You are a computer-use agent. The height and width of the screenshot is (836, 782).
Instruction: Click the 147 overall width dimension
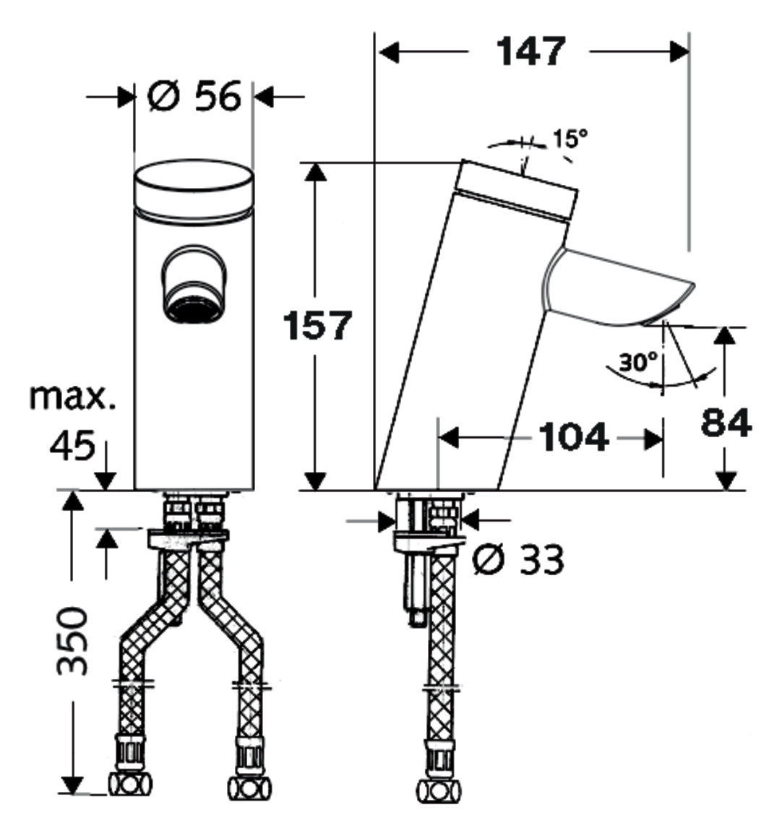point(530,52)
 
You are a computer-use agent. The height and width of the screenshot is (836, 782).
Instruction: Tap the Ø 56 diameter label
point(194,97)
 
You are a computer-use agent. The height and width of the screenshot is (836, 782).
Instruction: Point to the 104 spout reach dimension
point(574,436)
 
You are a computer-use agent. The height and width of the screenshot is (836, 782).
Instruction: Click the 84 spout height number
point(726,423)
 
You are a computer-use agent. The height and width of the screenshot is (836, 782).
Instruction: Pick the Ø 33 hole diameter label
point(518,560)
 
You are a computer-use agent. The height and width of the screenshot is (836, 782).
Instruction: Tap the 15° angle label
point(570,139)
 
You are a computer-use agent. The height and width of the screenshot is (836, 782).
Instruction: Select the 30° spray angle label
point(638,362)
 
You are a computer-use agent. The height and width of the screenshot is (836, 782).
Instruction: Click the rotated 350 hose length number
point(72,640)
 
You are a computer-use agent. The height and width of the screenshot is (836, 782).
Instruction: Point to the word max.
point(72,397)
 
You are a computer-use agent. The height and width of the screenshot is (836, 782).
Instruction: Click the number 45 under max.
point(72,446)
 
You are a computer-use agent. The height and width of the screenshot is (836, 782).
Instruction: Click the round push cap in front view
point(194,189)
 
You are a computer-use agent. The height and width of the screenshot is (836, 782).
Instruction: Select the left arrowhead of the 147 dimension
point(389,52)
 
